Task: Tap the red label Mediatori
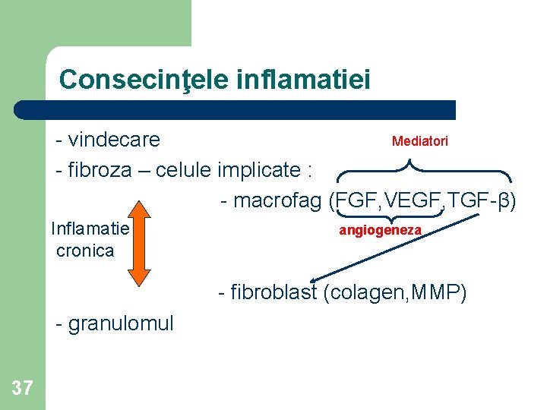pyautogui.click(x=419, y=141)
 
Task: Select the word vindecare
pyautogui.click(x=113, y=140)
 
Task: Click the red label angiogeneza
pyautogui.click(x=380, y=229)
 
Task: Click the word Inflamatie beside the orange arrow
pyautogui.click(x=90, y=229)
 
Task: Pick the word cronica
pyautogui.click(x=85, y=251)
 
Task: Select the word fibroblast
pyautogui.click(x=272, y=292)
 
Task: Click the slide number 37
pyautogui.click(x=23, y=389)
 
